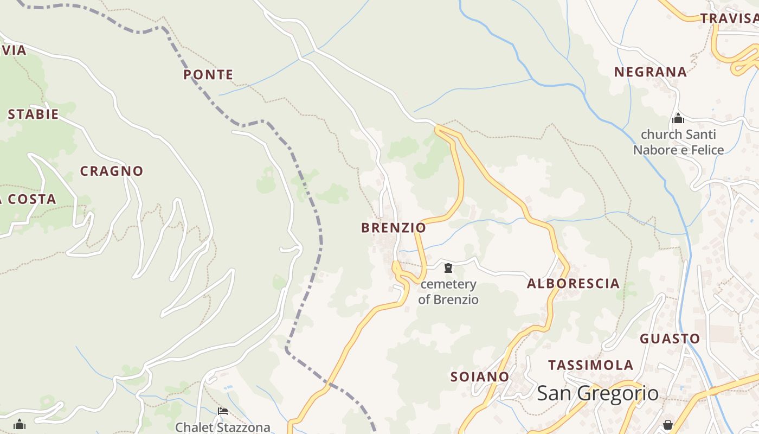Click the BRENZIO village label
click(394, 228)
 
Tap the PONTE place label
click(208, 75)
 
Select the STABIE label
click(33, 114)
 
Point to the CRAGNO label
click(112, 171)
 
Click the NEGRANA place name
click(650, 72)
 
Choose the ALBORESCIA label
click(573, 284)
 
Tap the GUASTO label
click(670, 339)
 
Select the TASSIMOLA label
click(590, 365)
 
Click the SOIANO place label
click(480, 376)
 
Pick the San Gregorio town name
click(597, 393)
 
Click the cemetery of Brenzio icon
click(448, 268)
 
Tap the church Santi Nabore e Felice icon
click(678, 118)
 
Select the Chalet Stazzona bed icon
click(222, 412)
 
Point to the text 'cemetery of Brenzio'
click(448, 291)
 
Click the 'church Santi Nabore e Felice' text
click(678, 142)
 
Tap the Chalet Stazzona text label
click(222, 427)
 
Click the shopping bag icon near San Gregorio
click(668, 424)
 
